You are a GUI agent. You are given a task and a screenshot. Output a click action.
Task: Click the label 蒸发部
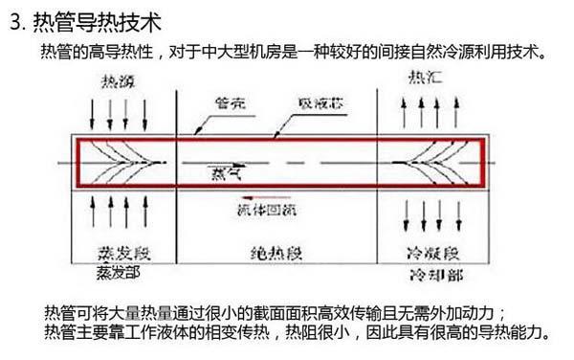click(x=119, y=272)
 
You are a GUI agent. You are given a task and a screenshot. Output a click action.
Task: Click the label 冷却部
click(x=429, y=275)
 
